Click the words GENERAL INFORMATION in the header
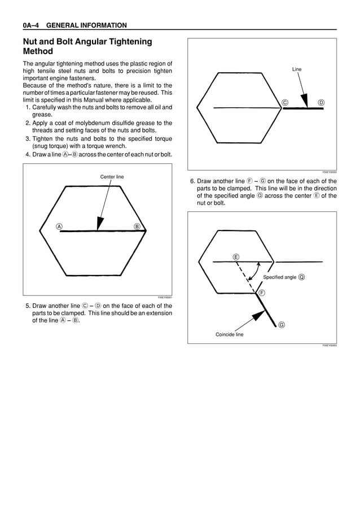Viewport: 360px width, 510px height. tap(86, 25)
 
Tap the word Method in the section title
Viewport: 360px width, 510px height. tap(38, 51)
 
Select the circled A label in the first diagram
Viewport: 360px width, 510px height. tap(59, 226)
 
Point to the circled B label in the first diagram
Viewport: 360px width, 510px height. tap(137, 226)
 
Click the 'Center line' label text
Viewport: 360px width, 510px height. tap(112, 177)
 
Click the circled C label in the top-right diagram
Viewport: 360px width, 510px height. tap(285, 102)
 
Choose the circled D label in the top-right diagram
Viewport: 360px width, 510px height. tap(321, 102)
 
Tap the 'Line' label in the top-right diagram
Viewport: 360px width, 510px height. tap(297, 69)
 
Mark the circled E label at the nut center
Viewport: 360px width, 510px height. tap(236, 257)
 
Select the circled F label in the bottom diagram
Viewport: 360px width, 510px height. tap(262, 293)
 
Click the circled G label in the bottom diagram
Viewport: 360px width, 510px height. tap(281, 325)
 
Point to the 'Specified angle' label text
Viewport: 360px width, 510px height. tap(279, 277)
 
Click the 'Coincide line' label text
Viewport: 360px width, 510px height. tap(229, 334)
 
